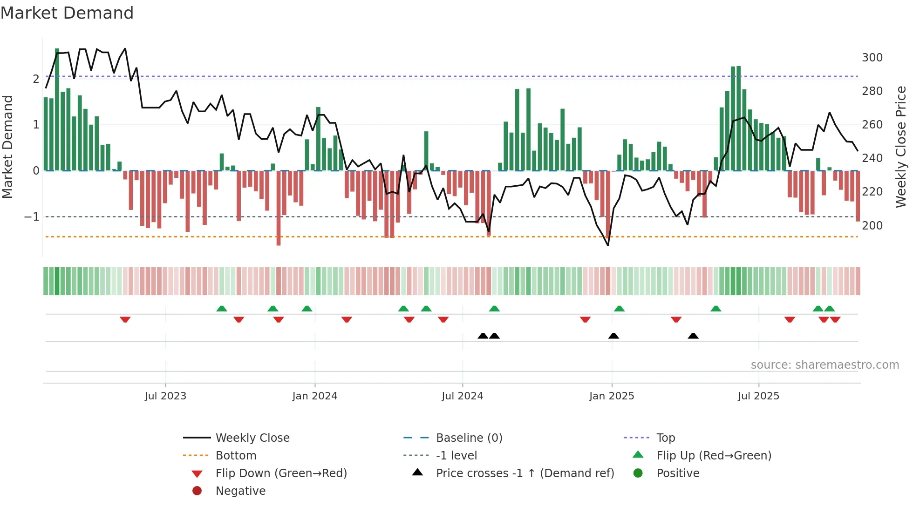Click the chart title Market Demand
67,13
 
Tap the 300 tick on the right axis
872,58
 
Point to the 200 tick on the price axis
872,226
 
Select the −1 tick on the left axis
32,217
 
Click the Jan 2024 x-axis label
314,396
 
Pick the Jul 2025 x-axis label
758,396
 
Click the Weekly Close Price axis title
901,147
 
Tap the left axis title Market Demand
8,147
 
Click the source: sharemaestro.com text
824,365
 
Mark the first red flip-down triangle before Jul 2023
125,319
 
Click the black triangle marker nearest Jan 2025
613,336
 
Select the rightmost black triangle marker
693,336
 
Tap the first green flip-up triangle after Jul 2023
222,309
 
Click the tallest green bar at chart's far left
57,109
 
